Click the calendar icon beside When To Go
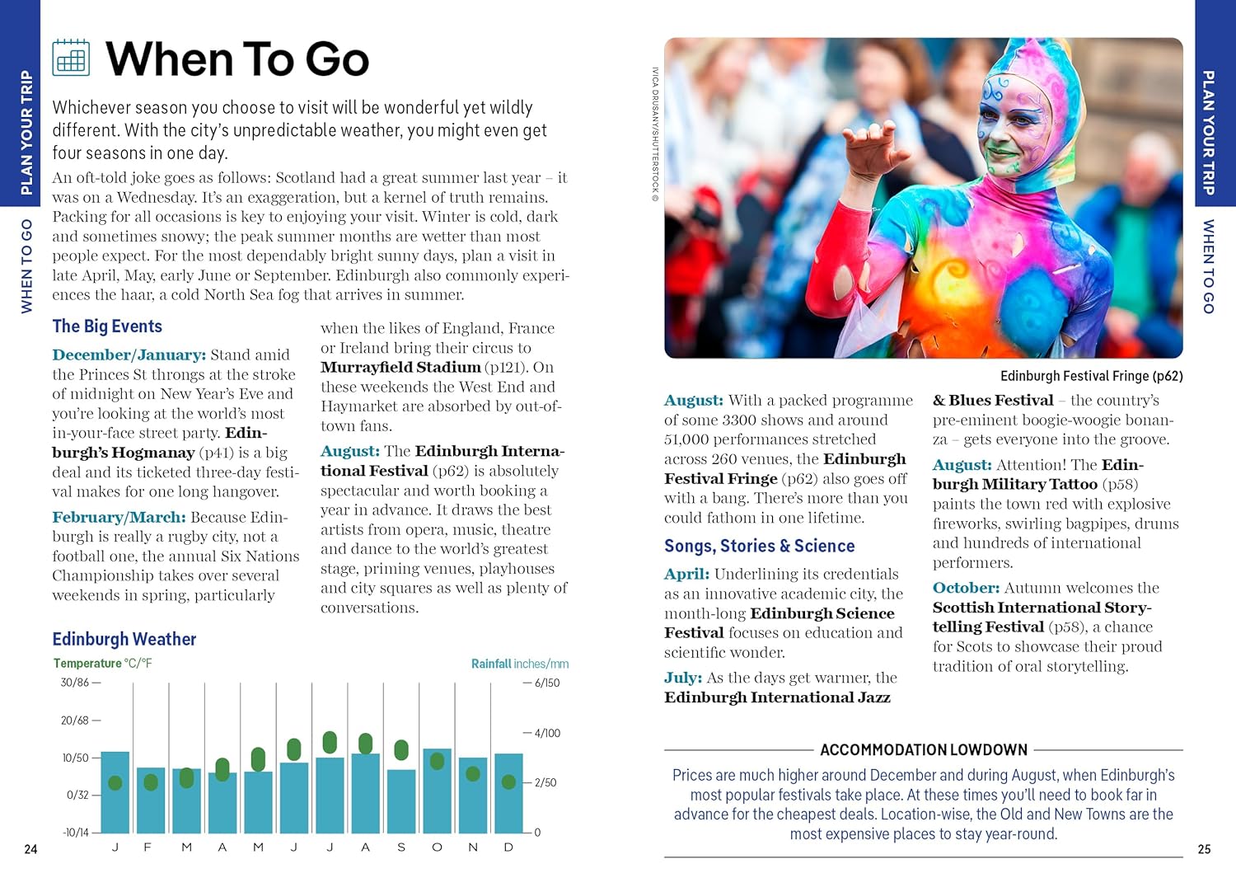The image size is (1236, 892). click(x=71, y=58)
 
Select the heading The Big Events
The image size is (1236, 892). click(x=107, y=326)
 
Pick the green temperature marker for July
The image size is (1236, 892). click(x=330, y=742)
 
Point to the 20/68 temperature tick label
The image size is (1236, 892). click(x=75, y=721)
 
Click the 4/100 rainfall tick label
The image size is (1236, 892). click(x=547, y=733)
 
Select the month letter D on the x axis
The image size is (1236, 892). click(x=508, y=847)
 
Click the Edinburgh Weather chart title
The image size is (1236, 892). click(x=124, y=639)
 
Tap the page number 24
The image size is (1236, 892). click(x=30, y=849)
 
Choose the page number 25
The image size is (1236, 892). click(x=1204, y=849)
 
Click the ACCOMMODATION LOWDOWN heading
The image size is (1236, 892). click(x=924, y=750)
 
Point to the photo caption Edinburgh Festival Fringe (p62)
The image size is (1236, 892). click(x=1091, y=376)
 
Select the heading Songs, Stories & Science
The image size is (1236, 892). click(x=759, y=546)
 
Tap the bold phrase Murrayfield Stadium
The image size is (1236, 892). click(x=400, y=368)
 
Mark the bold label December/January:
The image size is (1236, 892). click(x=129, y=355)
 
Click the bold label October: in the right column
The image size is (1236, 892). click(x=966, y=588)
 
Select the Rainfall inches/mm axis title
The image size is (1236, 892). click(x=519, y=664)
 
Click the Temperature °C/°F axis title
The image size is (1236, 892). click(x=103, y=663)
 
